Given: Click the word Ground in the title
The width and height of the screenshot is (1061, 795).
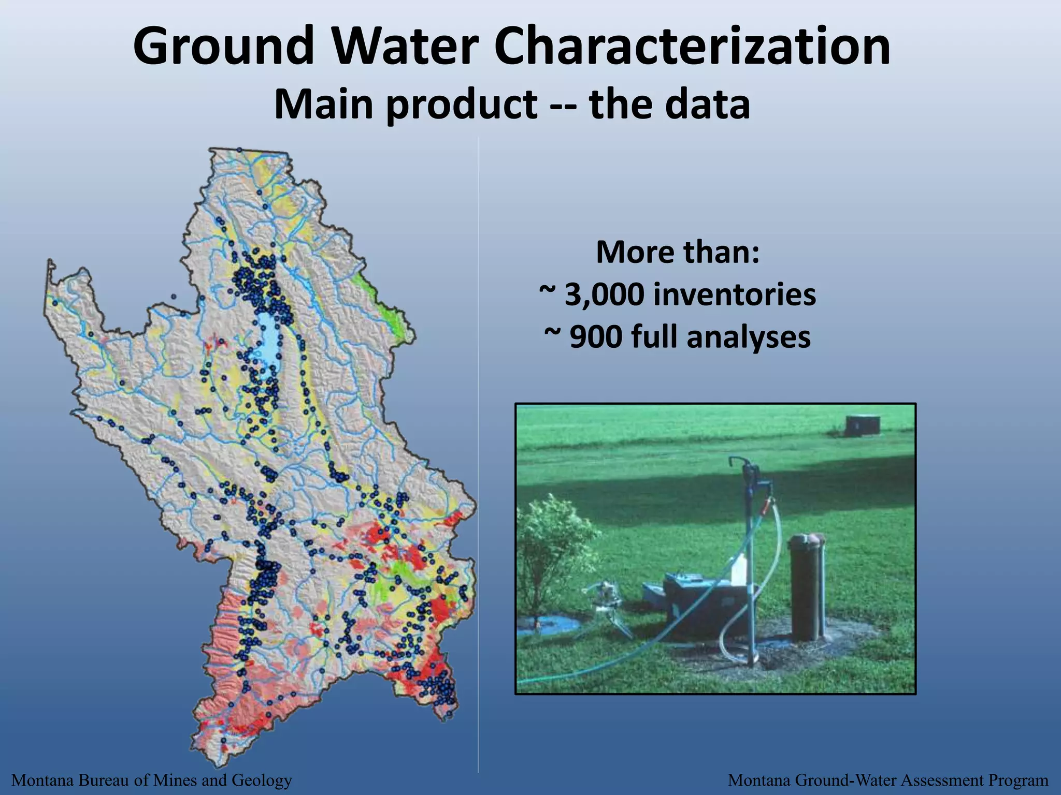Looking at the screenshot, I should tap(223, 47).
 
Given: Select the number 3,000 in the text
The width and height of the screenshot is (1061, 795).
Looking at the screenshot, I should tap(604, 296).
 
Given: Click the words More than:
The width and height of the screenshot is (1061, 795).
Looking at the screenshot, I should tap(678, 253).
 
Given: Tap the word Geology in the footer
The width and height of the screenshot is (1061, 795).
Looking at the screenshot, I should tap(262, 780).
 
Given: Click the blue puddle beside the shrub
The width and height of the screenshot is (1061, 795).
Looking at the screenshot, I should tap(549, 626).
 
